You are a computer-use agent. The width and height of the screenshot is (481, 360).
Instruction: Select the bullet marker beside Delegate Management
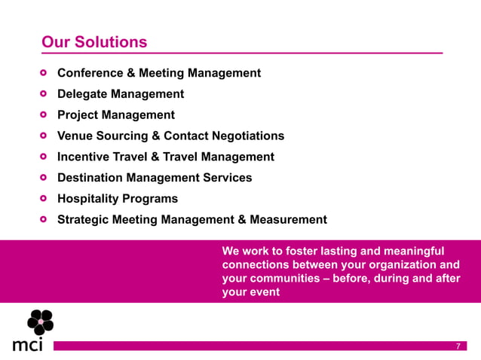[x=44, y=94]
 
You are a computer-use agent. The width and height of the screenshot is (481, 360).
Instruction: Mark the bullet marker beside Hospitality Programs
[x=44, y=199]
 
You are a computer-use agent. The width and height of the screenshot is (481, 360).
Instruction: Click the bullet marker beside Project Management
[x=44, y=115]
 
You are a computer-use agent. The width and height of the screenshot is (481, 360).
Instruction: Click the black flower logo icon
[x=40, y=322]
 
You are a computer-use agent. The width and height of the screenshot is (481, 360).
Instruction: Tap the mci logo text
[x=28, y=345]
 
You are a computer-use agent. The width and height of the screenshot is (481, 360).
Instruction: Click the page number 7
[x=458, y=346]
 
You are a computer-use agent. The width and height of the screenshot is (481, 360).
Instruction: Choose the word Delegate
[x=84, y=94]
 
